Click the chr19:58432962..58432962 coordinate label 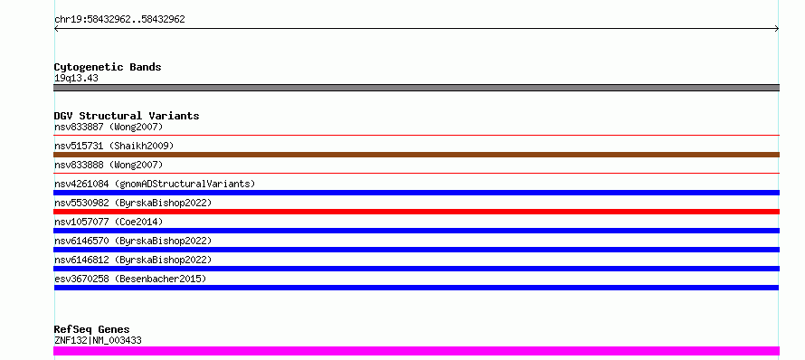tap(119, 20)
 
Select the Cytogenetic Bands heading tap(108, 67)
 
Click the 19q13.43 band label tap(76, 79)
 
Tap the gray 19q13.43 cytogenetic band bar tap(416, 88)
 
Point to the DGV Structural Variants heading tap(127, 116)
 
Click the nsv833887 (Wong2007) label tap(109, 127)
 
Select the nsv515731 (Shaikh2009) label tap(114, 146)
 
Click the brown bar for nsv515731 tap(416, 155)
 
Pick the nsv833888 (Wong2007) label tap(109, 165)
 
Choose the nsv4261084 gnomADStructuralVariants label tap(155, 184)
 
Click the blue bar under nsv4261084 tap(416, 193)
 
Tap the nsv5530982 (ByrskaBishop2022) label tap(133, 203)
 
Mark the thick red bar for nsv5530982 tap(416, 212)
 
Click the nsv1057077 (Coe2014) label tap(109, 222)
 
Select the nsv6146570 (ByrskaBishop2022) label tap(133, 241)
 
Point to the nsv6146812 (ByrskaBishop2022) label tap(133, 260)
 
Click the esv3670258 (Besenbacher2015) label tap(130, 279)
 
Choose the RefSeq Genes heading tap(92, 329)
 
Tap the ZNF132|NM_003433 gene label tap(98, 340)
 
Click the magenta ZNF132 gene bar tap(416, 351)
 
